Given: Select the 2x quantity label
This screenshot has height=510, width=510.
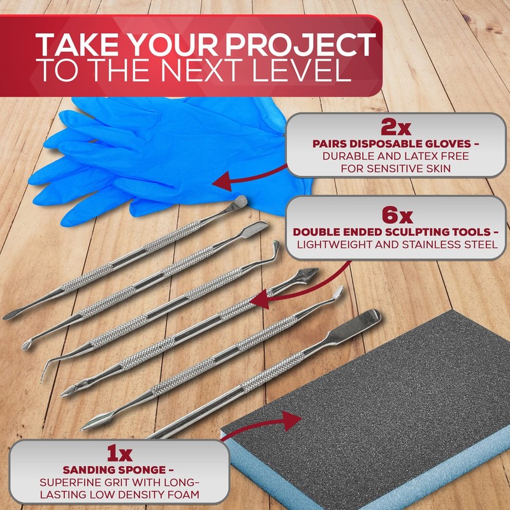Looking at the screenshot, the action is click(395, 129).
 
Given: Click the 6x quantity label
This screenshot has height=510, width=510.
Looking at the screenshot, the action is click(397, 216).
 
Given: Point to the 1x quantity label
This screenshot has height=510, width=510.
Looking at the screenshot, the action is click(119, 453).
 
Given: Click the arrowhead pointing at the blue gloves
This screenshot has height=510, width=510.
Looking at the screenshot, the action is click(222, 180).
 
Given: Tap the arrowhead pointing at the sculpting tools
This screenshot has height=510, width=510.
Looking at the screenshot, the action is click(261, 299).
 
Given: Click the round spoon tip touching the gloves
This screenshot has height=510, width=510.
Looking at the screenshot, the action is click(241, 201).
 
